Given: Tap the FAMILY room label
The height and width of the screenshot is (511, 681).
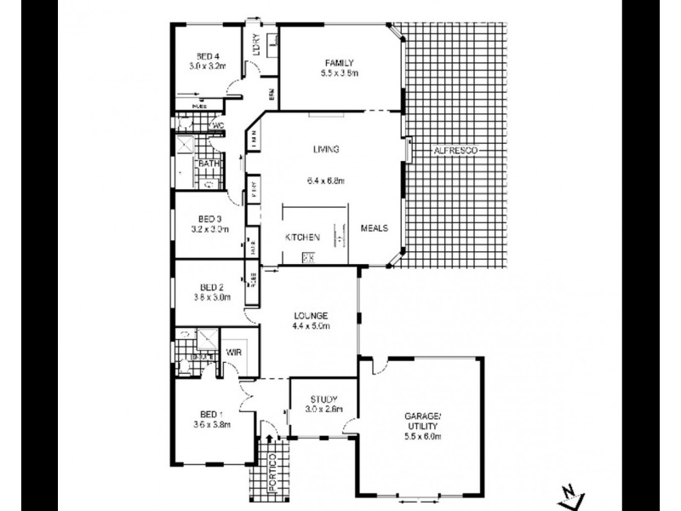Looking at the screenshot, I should [x=338, y=62].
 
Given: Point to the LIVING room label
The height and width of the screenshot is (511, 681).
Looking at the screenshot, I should [x=326, y=149].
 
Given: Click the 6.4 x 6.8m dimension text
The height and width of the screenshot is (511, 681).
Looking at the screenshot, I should [x=326, y=180].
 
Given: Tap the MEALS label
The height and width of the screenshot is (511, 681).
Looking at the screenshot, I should [x=375, y=228].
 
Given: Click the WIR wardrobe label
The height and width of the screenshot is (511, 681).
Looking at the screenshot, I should [x=234, y=352].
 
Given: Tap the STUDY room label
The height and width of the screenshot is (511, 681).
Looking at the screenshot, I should [x=323, y=399].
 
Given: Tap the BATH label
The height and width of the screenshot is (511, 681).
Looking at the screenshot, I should [x=208, y=164].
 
